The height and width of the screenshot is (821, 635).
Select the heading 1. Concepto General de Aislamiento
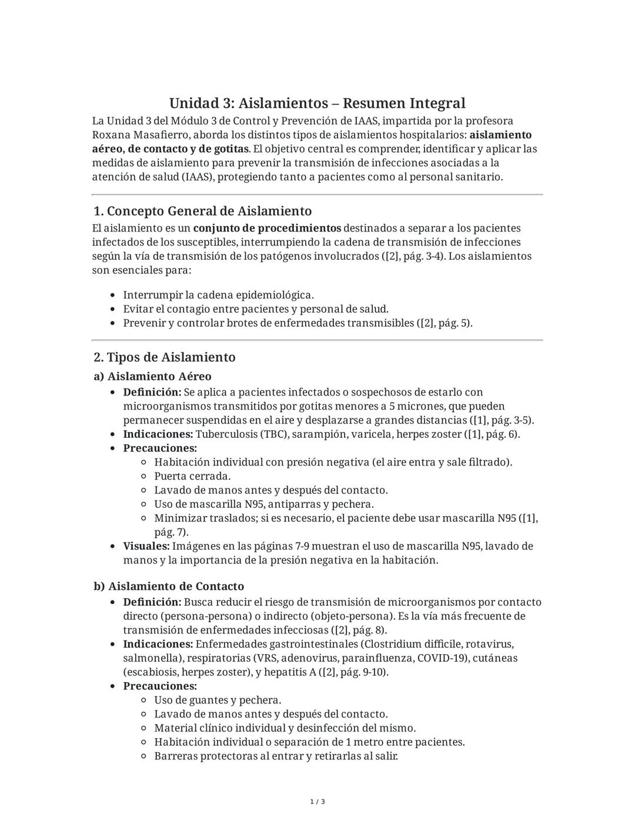coord(202,211)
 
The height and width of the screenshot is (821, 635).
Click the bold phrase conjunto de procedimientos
coord(267,228)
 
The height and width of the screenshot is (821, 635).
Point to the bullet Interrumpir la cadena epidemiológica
coord(218,295)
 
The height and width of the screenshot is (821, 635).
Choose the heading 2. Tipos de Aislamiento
coord(165,357)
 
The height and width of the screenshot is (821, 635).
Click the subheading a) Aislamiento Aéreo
coord(152,376)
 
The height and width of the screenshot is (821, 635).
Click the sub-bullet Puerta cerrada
coord(192,476)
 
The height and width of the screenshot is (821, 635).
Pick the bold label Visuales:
coord(146,546)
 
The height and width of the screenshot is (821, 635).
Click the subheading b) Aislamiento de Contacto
coord(169,587)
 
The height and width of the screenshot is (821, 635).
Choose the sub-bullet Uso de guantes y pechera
coord(218,700)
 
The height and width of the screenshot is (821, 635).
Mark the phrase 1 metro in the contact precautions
coord(364,742)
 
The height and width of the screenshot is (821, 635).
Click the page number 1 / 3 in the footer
coord(317,802)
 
